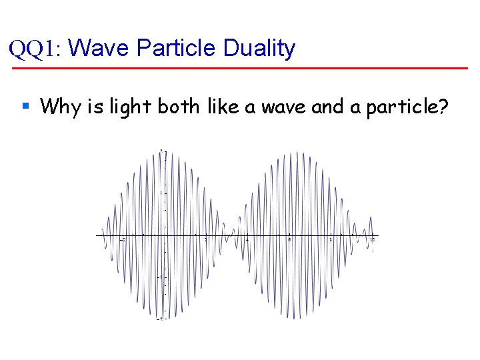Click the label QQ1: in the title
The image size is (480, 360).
pyautogui.click(x=35, y=49)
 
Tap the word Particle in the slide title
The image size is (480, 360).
pyautogui.click(x=176, y=48)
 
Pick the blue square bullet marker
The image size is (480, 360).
pyautogui.click(x=25, y=105)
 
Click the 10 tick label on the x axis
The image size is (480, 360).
pyautogui.click(x=373, y=239)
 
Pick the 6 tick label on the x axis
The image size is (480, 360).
pyautogui.click(x=289, y=239)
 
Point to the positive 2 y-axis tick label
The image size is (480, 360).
pyautogui.click(x=161, y=151)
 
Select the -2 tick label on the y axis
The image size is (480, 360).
pyautogui.click(x=159, y=319)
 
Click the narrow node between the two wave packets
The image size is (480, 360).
pyautogui.click(x=231, y=235)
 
